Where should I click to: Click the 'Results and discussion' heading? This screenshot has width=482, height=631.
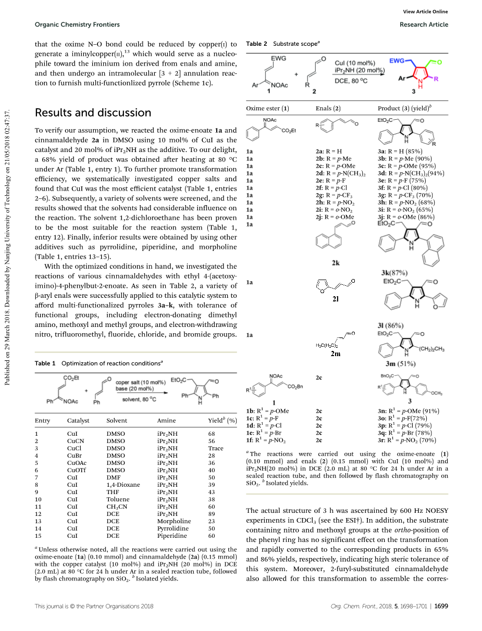[x=93, y=113]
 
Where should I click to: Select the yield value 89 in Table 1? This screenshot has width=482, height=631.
[x=212, y=514]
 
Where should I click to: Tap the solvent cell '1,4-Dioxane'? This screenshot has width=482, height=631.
[x=123, y=485]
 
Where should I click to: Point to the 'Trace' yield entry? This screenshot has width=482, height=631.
[x=216, y=448]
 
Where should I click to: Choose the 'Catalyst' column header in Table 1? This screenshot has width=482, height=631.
[x=78, y=421]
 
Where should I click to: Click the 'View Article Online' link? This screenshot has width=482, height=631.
[x=426, y=12]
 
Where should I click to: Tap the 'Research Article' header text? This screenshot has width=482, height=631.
[x=424, y=24]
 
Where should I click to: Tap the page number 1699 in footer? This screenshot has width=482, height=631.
[x=441, y=606]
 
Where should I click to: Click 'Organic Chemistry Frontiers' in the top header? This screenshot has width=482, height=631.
[x=77, y=24]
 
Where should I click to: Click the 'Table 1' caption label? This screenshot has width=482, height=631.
[x=45, y=363]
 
